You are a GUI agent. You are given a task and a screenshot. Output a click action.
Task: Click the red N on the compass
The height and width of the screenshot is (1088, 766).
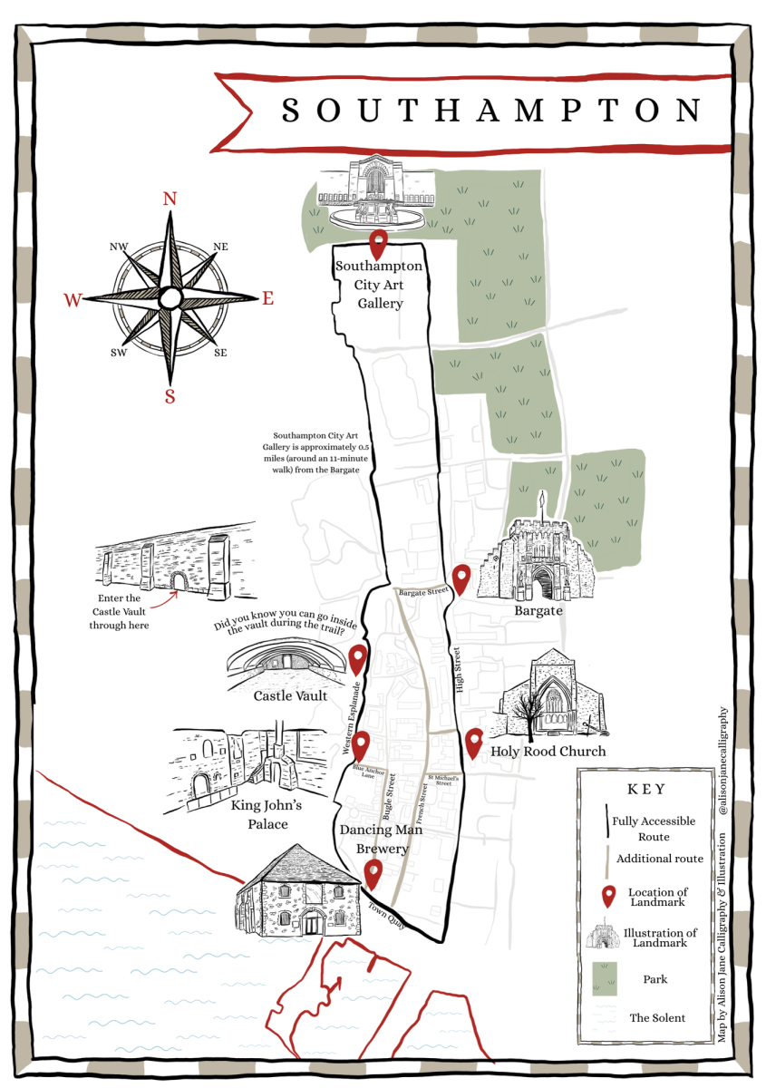click(170, 199)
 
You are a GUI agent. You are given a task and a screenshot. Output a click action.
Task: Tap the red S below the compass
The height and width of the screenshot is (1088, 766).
click(170, 395)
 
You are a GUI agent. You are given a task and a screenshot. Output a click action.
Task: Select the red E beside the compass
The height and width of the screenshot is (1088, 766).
click(267, 297)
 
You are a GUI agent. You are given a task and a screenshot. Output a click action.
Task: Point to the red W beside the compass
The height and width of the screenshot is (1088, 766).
click(72, 299)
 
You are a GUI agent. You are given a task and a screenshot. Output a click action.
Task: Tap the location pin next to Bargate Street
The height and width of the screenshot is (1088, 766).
click(461, 578)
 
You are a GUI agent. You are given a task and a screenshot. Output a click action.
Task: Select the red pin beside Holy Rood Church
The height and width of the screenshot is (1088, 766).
click(473, 743)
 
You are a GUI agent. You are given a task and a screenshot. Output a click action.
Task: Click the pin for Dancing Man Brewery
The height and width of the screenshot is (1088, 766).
click(373, 874)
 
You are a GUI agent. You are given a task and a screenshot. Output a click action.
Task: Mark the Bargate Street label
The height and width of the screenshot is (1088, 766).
click(424, 592)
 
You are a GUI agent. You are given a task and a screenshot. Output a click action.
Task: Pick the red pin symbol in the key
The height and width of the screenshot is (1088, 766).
click(606, 898)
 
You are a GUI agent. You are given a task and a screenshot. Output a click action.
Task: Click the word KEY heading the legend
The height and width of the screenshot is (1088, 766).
click(645, 789)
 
